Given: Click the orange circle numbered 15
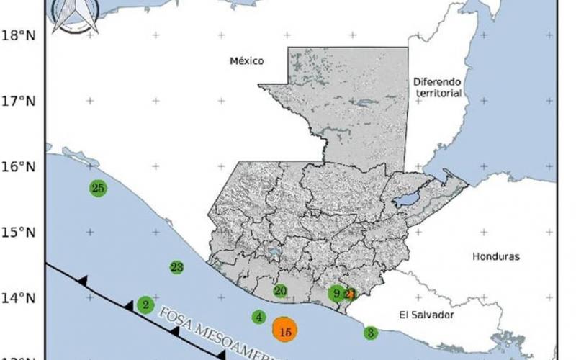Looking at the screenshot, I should (x=285, y=330).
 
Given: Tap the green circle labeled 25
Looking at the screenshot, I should (x=99, y=188).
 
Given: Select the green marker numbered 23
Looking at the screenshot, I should (x=177, y=267).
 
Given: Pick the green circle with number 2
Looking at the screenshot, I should (x=145, y=305).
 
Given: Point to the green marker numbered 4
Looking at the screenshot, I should (x=259, y=317).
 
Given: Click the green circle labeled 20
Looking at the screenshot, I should (x=281, y=291).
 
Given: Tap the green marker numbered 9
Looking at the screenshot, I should (x=336, y=293).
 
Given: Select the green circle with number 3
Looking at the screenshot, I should (x=370, y=333).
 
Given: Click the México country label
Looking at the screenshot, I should (x=247, y=61).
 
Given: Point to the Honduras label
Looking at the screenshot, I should (x=495, y=256).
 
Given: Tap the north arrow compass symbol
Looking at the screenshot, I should (x=76, y=16).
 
